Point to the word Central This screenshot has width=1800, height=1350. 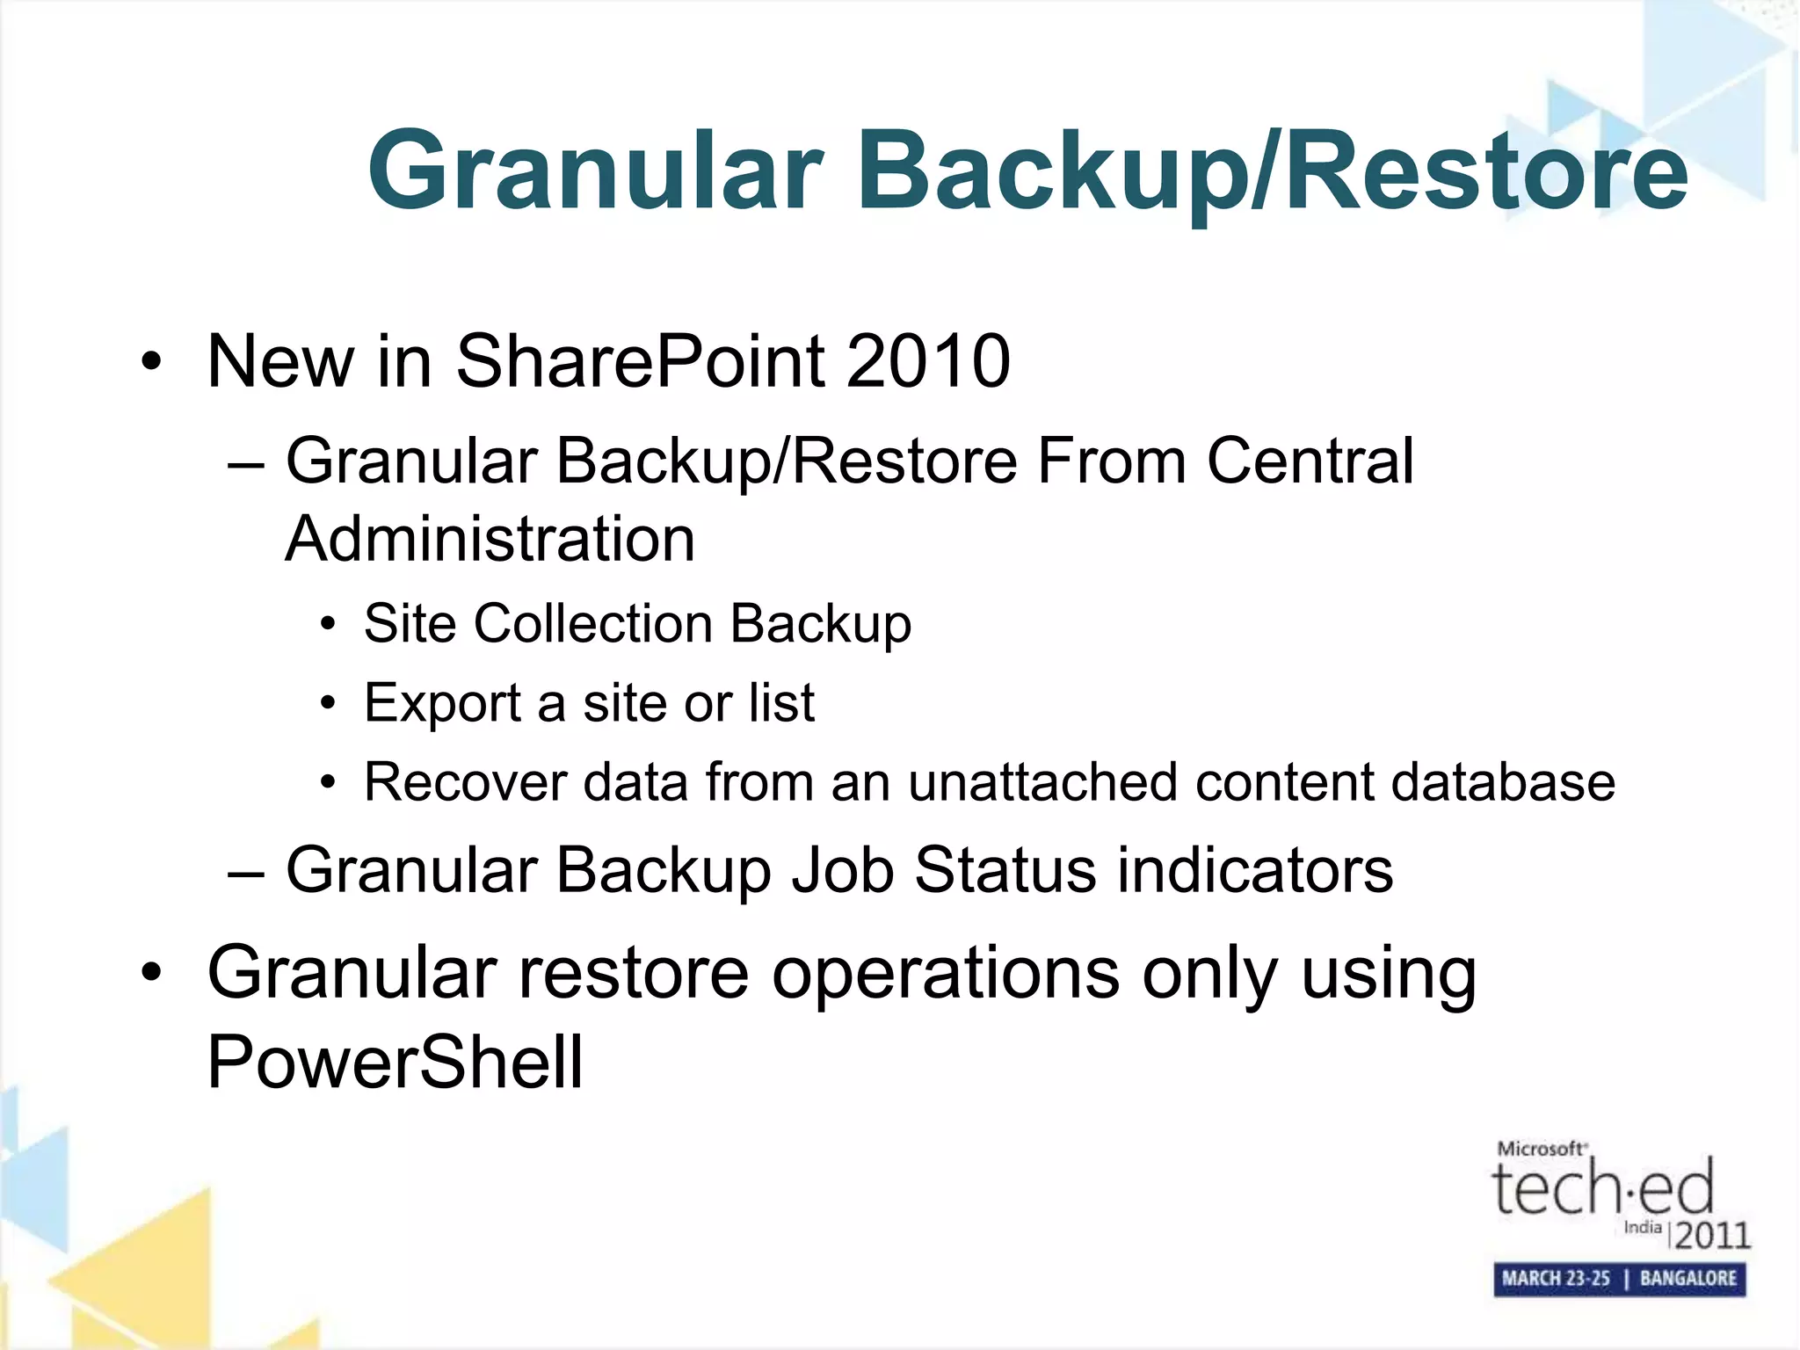pyautogui.click(x=1310, y=461)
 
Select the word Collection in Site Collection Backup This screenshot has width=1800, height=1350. pyautogui.click(x=593, y=623)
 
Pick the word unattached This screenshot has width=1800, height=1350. pyautogui.click(x=1042, y=781)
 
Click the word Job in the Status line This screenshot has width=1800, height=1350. pyautogui.click(x=842, y=870)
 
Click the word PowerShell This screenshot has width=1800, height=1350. pyautogui.click(x=395, y=1062)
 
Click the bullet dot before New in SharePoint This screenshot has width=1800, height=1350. pyautogui.click(x=151, y=361)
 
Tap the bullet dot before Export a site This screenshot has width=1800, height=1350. pyautogui.click(x=328, y=704)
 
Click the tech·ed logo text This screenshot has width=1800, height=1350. pyautogui.click(x=1602, y=1187)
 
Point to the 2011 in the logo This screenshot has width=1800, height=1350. pyautogui.click(x=1711, y=1235)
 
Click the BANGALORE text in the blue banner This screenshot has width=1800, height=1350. pyautogui.click(x=1688, y=1278)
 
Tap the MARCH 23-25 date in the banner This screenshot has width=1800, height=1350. pyautogui.click(x=1556, y=1278)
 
